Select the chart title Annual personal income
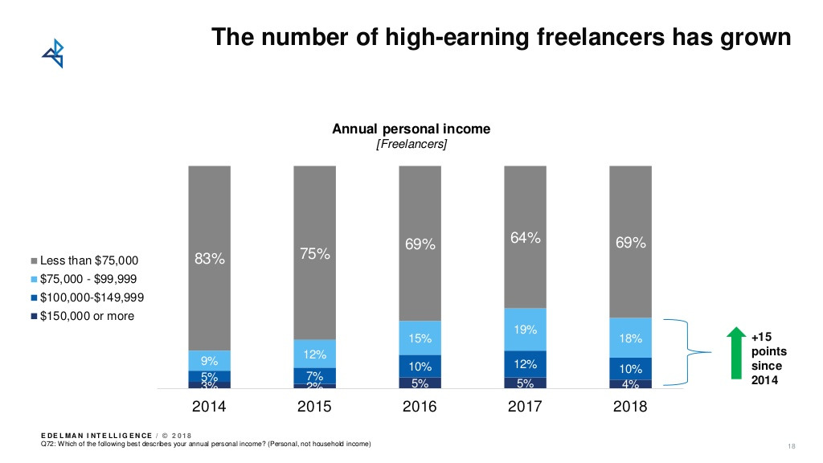[411, 129]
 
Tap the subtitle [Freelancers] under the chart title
[411, 144]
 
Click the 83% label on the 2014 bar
[210, 259]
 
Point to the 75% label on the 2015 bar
[314, 254]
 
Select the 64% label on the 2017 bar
[525, 238]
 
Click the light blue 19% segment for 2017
[525, 330]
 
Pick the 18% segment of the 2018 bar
[630, 338]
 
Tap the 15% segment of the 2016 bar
[420, 338]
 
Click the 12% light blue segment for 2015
[314, 354]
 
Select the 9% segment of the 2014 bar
[210, 360]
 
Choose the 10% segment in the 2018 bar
[630, 368]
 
